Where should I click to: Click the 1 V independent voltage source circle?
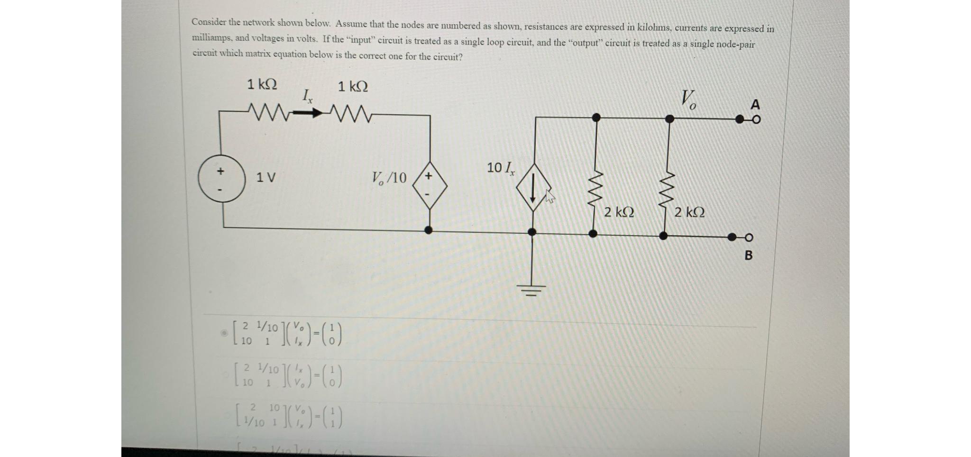click(x=222, y=179)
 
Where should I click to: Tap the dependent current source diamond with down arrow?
click(x=533, y=187)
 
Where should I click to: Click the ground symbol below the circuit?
click(x=532, y=288)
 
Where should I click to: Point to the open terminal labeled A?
click(x=756, y=119)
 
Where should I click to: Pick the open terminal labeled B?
click(x=749, y=237)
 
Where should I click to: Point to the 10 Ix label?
click(x=500, y=167)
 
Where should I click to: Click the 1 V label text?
click(x=266, y=178)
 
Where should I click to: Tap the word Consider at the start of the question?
click(x=209, y=22)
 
